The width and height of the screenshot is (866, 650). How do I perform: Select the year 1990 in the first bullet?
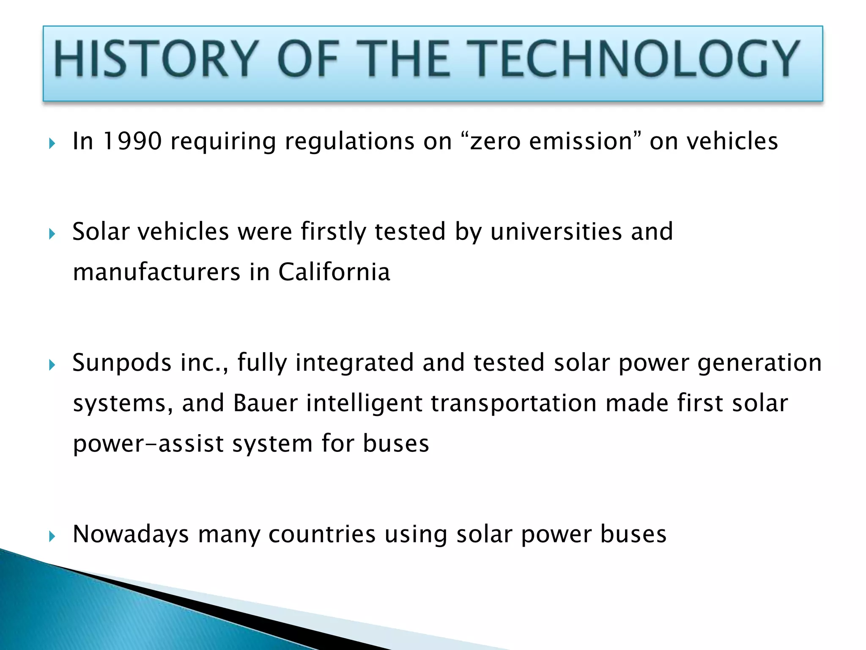pyautogui.click(x=132, y=141)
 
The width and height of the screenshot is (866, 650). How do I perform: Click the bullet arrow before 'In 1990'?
pyautogui.click(x=52, y=143)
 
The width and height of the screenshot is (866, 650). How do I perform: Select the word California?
pyautogui.click(x=334, y=272)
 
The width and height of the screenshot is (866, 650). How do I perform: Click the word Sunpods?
pyautogui.click(x=122, y=363)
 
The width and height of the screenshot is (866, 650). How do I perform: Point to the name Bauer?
pyautogui.click(x=265, y=403)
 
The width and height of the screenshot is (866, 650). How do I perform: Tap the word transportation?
pyautogui.click(x=514, y=403)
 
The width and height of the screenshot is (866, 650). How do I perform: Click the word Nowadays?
pyautogui.click(x=131, y=534)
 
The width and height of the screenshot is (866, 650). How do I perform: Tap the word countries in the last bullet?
pyautogui.click(x=322, y=534)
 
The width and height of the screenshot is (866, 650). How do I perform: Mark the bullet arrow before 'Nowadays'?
pyautogui.click(x=52, y=537)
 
